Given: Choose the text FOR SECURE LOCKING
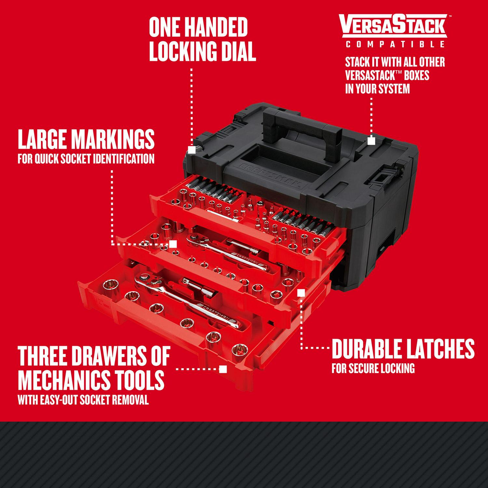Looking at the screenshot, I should [x=373, y=369].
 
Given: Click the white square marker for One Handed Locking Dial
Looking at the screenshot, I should [x=192, y=149].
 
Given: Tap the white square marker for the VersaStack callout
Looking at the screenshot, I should [x=371, y=141].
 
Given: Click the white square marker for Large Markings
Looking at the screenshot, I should [x=173, y=244].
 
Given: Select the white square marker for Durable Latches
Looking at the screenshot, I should [x=301, y=293].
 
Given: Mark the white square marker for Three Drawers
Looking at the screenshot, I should [x=223, y=369].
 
